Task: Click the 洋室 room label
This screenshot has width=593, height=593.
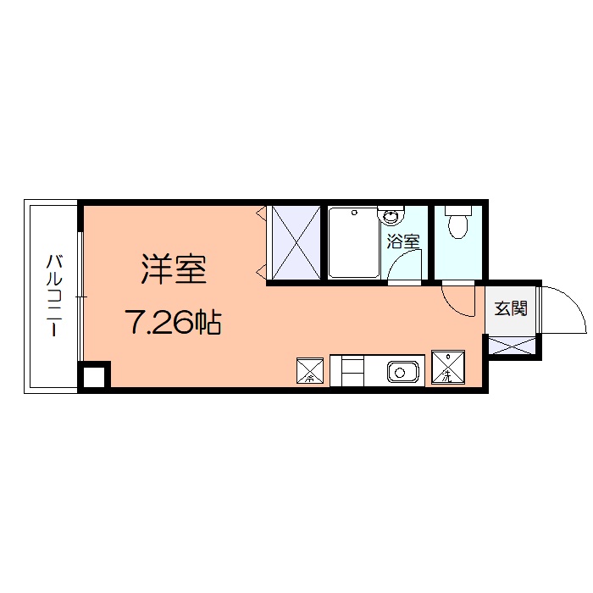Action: click(174, 269)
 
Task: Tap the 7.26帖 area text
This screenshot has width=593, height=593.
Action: click(173, 322)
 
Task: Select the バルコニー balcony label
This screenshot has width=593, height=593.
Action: click(53, 296)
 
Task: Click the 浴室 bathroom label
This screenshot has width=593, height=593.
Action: click(403, 241)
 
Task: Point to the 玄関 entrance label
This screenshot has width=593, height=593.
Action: click(511, 308)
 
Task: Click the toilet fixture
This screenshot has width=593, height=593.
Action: click(457, 225)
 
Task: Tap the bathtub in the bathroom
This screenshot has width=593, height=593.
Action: click(353, 242)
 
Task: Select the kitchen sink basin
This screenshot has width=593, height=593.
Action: click(401, 370)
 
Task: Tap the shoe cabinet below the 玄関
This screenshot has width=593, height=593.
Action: click(513, 345)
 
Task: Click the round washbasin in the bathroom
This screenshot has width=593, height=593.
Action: click(392, 216)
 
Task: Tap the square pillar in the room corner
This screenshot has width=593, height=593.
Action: click(94, 375)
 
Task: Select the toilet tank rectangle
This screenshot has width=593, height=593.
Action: click(457, 209)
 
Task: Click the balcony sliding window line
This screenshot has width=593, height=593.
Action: click(80, 296)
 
